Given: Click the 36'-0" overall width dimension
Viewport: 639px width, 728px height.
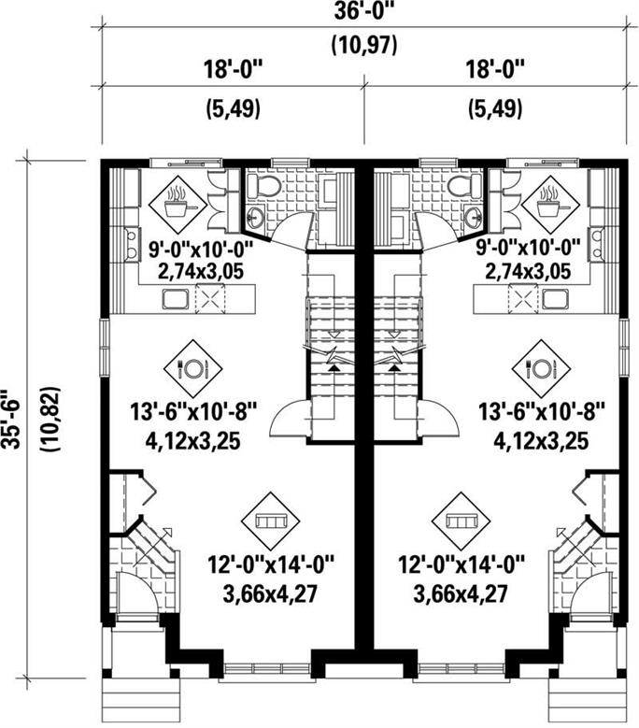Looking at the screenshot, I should pyautogui.click(x=357, y=13).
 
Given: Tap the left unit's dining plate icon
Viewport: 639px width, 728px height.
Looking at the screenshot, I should pyautogui.click(x=193, y=367).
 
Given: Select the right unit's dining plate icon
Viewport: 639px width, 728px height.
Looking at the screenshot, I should pyautogui.click(x=540, y=367).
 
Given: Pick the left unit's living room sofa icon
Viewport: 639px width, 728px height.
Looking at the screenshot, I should pyautogui.click(x=270, y=519).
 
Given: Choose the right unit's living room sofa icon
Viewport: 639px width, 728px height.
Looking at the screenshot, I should pyautogui.click(x=462, y=519).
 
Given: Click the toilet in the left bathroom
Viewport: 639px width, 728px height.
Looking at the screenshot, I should pyautogui.click(x=268, y=185).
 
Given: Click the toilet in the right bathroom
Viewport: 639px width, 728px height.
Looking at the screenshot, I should pyautogui.click(x=461, y=185).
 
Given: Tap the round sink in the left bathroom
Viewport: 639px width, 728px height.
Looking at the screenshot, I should pyautogui.click(x=255, y=219).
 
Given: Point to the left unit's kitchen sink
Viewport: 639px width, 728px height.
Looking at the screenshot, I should pyautogui.click(x=176, y=299).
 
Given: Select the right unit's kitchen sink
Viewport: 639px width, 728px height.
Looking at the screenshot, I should pyautogui.click(x=558, y=299).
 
